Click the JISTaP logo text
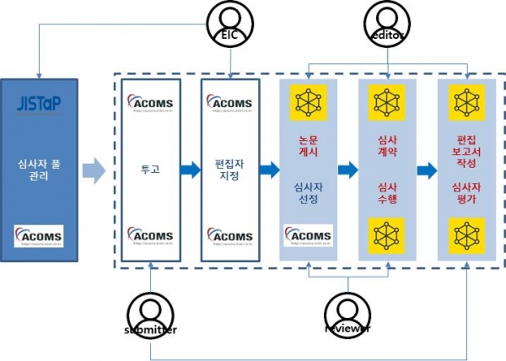39,105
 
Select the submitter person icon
150,312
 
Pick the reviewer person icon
347,312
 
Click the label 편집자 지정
229,170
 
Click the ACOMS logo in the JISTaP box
39,234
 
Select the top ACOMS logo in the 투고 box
152,104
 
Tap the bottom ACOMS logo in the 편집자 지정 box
229,237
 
